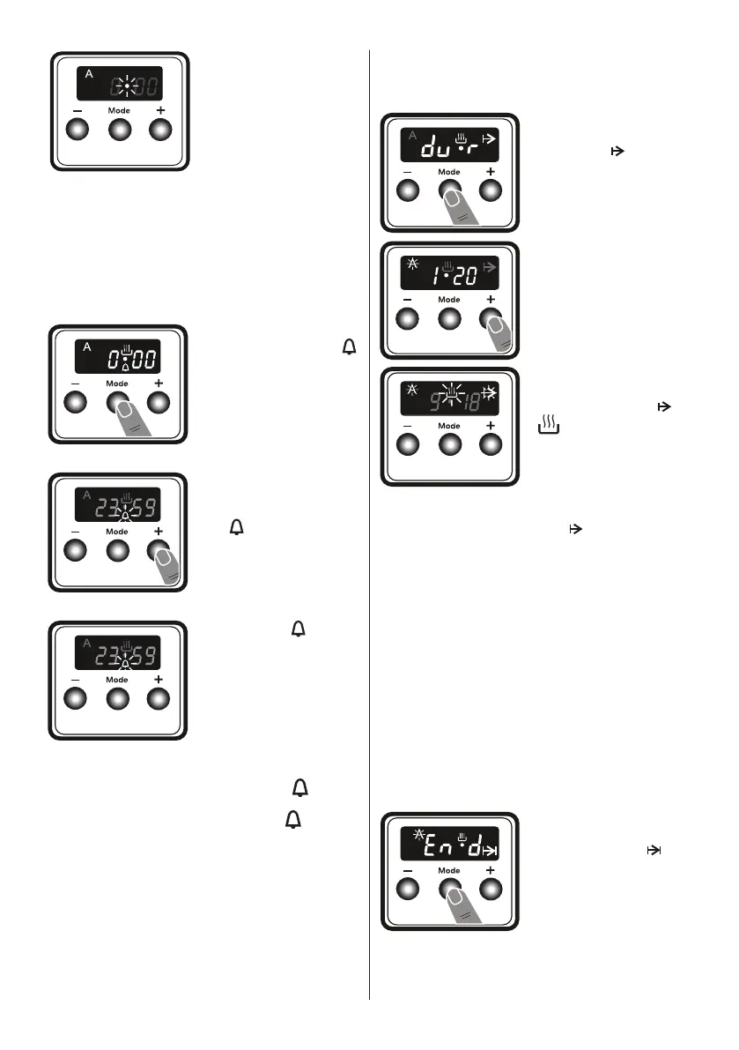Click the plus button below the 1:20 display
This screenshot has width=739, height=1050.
point(490,317)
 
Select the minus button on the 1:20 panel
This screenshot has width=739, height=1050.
point(408,317)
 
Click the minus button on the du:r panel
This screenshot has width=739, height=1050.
point(408,190)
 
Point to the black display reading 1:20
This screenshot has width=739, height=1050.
point(449,272)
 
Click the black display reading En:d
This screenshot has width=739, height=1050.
point(449,844)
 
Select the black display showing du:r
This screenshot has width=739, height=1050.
point(449,145)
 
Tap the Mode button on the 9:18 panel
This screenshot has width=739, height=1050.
point(449,443)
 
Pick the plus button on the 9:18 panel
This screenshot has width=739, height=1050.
point(490,443)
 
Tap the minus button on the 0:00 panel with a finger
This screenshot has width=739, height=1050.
point(77,403)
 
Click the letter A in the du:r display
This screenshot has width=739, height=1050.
point(411,134)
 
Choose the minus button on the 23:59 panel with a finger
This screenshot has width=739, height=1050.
point(77,550)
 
